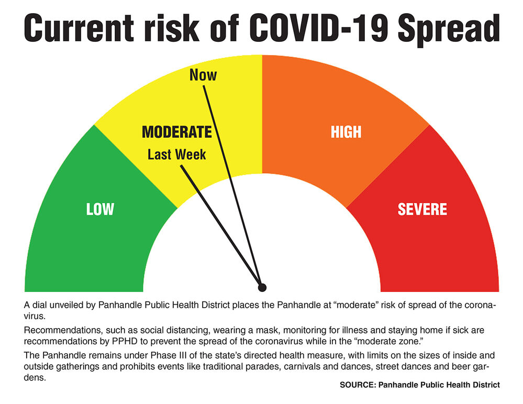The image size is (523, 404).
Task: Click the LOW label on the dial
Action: pos(100,209)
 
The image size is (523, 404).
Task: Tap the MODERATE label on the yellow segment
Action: pos(177,132)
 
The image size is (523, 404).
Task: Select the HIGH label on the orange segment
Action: pos(346,132)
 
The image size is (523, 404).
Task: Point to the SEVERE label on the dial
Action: pos(422,209)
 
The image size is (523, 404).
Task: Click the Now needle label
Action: pos(203,75)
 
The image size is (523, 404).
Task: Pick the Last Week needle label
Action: pos(176,155)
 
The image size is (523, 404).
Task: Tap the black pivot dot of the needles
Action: pos(262,287)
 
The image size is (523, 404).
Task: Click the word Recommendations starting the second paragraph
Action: pos(59,331)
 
